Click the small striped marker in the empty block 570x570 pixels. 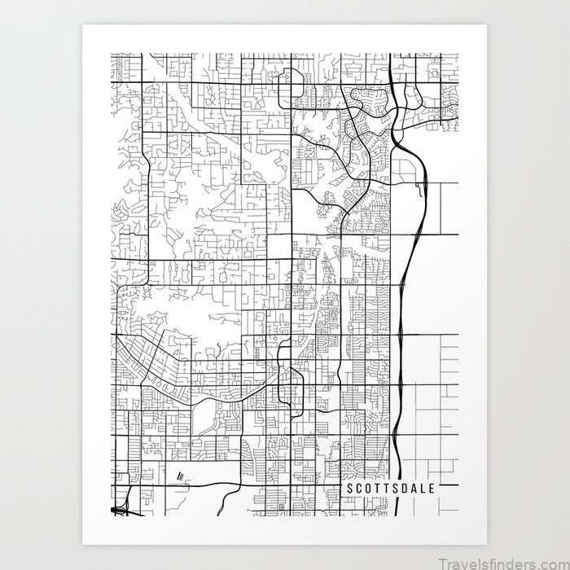[180, 476]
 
